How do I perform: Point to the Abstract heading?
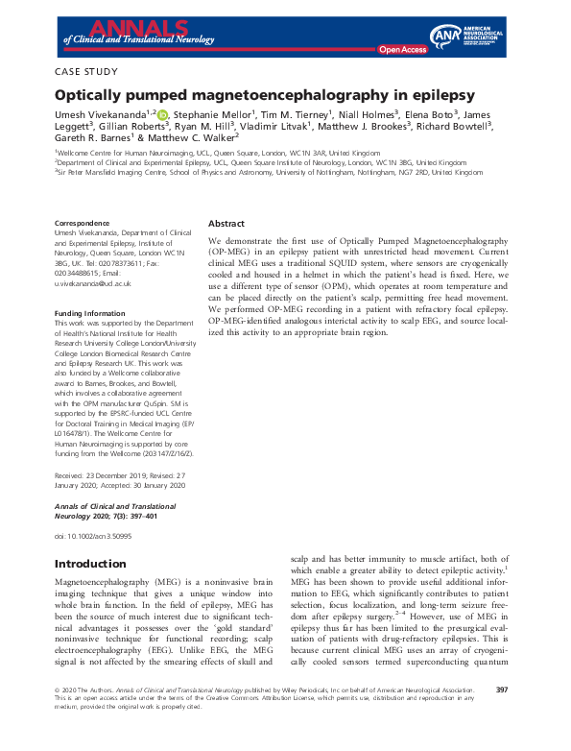(226, 223)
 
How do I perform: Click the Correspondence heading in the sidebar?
(84, 223)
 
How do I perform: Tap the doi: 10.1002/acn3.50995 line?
(93, 535)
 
